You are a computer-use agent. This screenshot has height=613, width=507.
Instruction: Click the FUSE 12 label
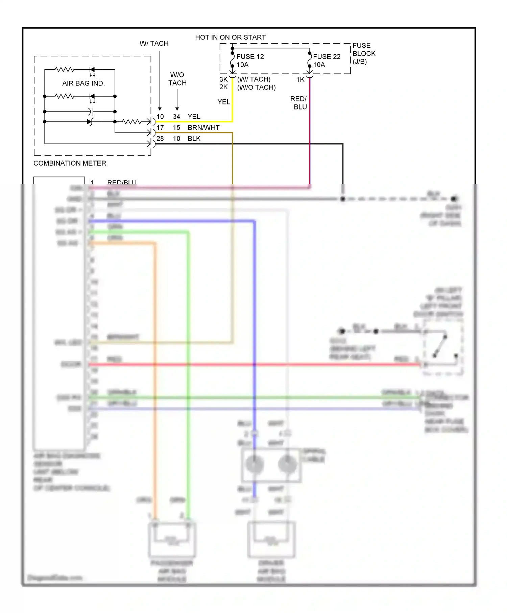(x=250, y=56)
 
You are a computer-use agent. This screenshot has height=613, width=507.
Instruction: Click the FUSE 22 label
(x=327, y=56)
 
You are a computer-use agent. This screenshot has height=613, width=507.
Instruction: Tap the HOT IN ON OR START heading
(x=230, y=37)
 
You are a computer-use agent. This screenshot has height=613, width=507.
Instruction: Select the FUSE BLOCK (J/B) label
(x=364, y=53)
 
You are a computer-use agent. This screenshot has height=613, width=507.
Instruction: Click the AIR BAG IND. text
(x=83, y=83)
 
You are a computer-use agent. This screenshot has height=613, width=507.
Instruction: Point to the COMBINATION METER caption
(x=70, y=163)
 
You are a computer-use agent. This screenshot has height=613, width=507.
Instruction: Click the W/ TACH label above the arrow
(x=154, y=43)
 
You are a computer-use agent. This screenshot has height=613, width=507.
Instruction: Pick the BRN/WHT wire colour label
(x=203, y=127)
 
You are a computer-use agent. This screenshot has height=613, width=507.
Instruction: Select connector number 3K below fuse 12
(x=223, y=79)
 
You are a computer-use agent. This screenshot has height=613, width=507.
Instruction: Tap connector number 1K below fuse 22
(x=300, y=79)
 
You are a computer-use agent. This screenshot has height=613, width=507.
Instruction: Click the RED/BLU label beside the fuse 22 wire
(x=298, y=103)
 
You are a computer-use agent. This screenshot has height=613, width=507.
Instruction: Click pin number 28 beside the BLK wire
(x=160, y=139)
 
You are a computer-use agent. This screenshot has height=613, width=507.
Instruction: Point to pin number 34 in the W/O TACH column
(x=176, y=117)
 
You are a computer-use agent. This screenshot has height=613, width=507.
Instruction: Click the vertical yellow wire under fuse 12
(x=233, y=101)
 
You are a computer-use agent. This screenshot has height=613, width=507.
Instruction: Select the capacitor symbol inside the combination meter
(x=91, y=112)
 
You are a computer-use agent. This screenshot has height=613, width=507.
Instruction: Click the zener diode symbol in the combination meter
(x=90, y=122)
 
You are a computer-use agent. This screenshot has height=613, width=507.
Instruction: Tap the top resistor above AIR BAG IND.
(x=64, y=70)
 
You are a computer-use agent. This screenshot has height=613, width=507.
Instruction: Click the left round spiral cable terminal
(x=255, y=464)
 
